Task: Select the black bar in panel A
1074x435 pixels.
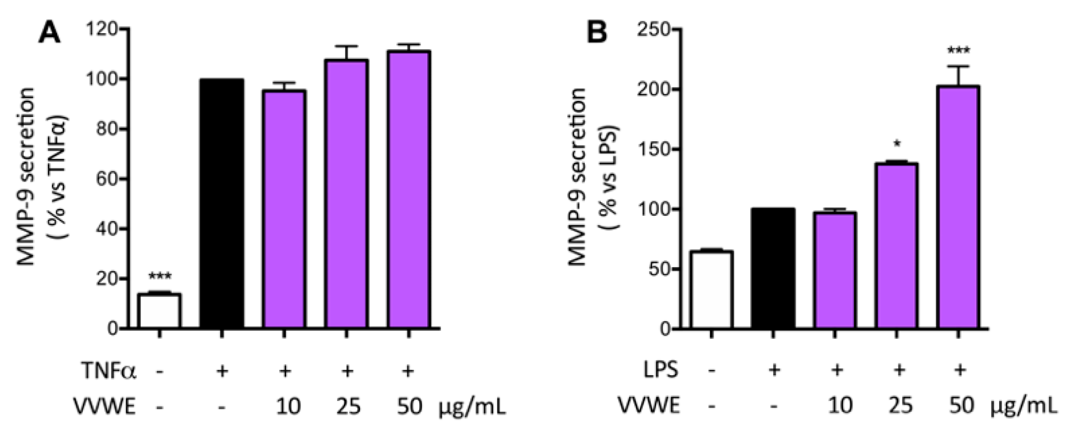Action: pos(222,203)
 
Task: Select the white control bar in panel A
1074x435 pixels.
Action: pos(159,311)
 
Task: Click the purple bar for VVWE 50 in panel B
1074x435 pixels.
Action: pos(958,207)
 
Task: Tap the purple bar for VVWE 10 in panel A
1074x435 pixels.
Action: pos(284,209)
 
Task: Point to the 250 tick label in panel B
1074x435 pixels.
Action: pos(653,30)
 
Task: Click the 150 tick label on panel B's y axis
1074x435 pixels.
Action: pos(653,149)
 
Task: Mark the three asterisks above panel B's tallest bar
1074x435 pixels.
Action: pos(958,50)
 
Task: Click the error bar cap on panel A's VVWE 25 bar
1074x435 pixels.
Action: pos(347,46)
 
